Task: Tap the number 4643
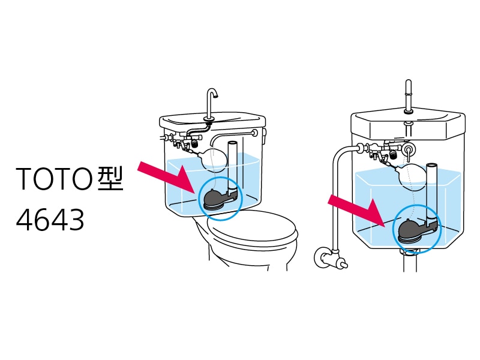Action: [x=50, y=220]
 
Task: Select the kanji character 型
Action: [x=110, y=178]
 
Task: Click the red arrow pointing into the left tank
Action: [x=167, y=177]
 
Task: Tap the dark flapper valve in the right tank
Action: [x=418, y=230]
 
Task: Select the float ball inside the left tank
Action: [x=214, y=158]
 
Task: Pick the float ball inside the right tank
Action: [x=413, y=176]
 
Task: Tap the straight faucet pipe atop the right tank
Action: [x=409, y=95]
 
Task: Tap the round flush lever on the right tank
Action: [x=409, y=149]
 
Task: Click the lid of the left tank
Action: [x=212, y=122]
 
